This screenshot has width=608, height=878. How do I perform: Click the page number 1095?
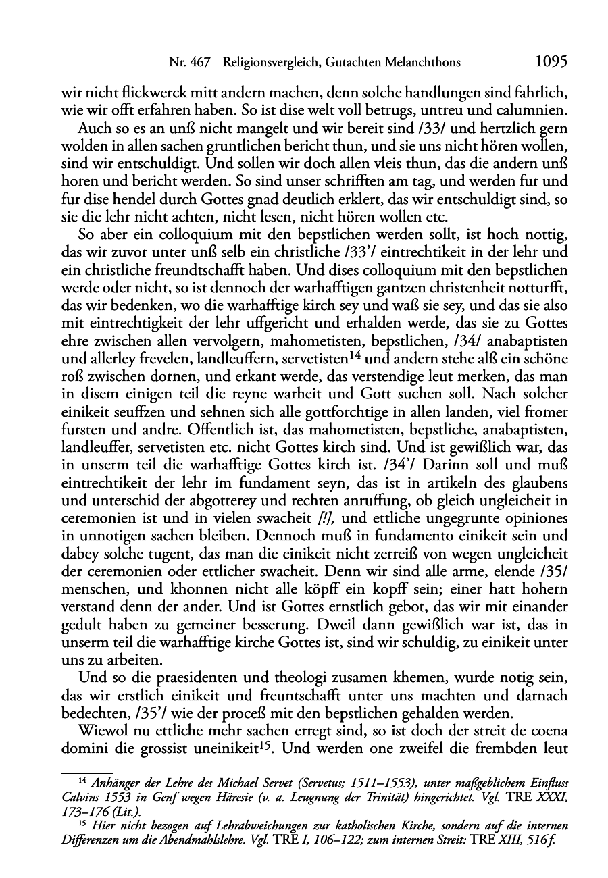click(550, 62)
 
